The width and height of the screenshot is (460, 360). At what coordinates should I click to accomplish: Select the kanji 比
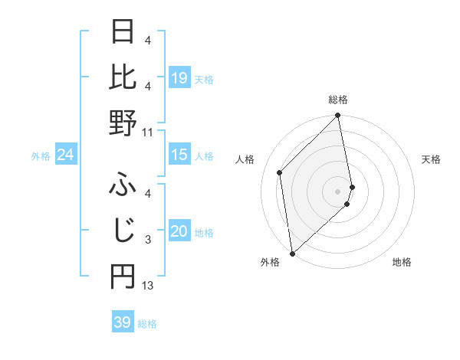pos(123,77)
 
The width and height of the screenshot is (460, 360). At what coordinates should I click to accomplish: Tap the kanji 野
pos(123,123)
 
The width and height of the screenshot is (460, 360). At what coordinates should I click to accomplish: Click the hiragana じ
pos(123,230)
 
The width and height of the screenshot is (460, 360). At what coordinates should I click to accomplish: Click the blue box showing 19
pos(179,78)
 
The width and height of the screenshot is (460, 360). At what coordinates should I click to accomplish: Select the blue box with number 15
pos(179,155)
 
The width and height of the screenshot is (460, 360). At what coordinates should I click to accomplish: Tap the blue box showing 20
pos(179,232)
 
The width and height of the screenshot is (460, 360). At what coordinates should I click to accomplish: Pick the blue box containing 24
pos(65,155)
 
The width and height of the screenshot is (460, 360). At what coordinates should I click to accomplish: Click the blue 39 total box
pos(123,322)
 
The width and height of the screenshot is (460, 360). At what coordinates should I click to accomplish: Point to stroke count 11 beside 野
pos(148,133)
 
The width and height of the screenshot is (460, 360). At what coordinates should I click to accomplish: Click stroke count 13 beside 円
pos(148,286)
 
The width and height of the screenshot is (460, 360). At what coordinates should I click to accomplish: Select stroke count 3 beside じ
pos(148,240)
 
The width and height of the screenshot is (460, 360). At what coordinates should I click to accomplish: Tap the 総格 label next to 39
pos(147,324)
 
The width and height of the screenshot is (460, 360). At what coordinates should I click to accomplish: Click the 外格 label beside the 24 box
pos(40,156)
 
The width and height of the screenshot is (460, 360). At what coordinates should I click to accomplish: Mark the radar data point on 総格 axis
pos(338,116)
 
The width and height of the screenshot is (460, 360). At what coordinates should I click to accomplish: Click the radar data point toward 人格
pos(280,172)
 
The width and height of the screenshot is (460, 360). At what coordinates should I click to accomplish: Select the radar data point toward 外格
pos(292,253)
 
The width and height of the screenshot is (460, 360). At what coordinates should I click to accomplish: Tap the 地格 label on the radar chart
pos(402,263)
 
